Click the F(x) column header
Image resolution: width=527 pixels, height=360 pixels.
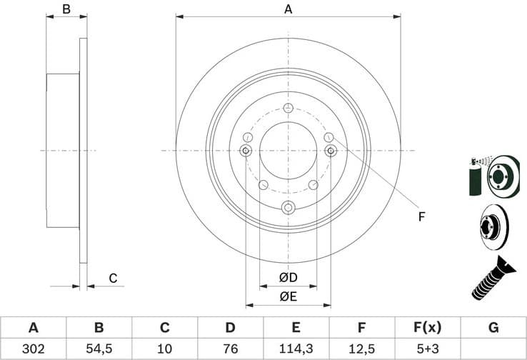pos(427,327)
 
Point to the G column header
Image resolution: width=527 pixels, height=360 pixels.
pos(493,327)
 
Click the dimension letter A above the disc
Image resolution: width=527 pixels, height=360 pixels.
pos(288,9)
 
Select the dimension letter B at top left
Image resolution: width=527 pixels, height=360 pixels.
pos(66,9)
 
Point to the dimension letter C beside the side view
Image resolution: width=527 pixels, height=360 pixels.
pos(112,278)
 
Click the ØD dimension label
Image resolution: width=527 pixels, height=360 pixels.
pos(288,277)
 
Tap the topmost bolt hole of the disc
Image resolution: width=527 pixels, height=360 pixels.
pos(288,108)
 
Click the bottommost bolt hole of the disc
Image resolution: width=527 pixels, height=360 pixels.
pos(288,207)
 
